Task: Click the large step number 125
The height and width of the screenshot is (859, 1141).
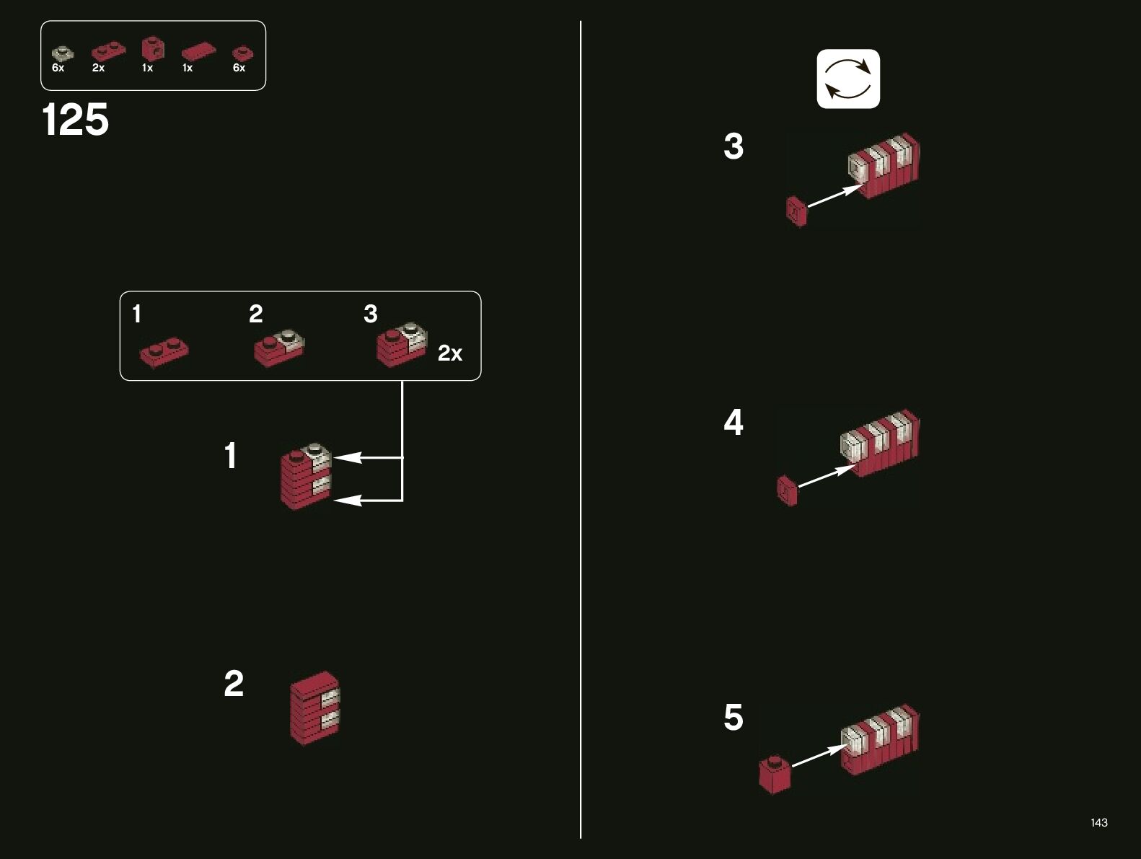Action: tap(76, 119)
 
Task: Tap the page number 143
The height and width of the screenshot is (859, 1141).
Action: tap(1098, 822)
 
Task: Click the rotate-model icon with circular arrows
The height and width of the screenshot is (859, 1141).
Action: tap(848, 79)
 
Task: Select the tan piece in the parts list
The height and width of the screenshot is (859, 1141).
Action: tap(62, 53)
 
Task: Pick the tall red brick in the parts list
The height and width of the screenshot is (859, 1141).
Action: tap(152, 49)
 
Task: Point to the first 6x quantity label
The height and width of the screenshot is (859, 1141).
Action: tap(58, 68)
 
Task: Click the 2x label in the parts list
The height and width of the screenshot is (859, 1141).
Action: tap(99, 68)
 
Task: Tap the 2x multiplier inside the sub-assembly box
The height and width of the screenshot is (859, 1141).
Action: tap(450, 353)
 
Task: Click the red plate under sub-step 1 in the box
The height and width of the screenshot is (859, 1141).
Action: tap(165, 352)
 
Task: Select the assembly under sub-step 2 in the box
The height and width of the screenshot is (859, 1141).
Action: tap(279, 347)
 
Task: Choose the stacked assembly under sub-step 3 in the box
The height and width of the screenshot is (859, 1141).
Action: tap(401, 343)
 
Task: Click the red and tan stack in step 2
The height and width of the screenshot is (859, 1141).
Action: tap(314, 708)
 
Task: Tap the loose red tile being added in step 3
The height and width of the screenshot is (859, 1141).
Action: tap(796, 211)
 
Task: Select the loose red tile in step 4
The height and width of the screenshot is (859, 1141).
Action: tap(787, 490)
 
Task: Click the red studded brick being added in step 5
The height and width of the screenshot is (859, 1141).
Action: tap(775, 775)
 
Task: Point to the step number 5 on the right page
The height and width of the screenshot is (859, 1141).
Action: tap(733, 718)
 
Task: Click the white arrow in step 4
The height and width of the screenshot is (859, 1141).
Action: tap(827, 476)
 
